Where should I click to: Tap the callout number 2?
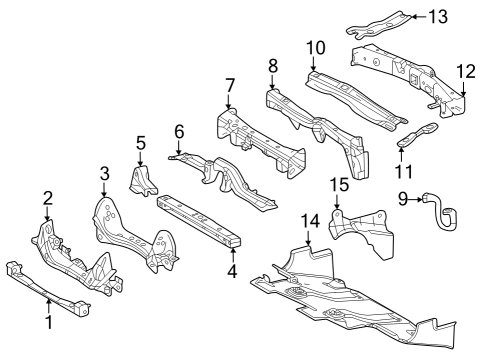47,197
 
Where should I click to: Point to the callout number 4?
233,269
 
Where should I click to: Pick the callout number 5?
141,142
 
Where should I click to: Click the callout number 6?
179,130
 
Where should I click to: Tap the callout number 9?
404,199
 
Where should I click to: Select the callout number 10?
316,47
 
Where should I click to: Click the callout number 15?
340,185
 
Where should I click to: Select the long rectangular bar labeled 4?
201,220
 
